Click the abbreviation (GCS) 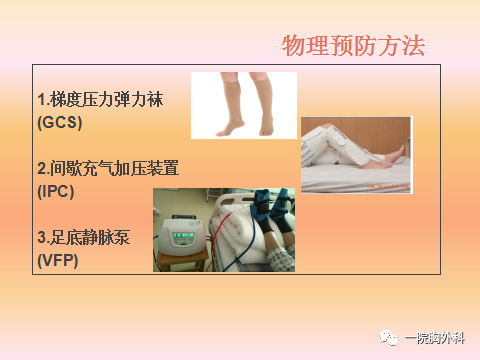(58, 123)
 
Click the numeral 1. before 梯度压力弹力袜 (41, 101)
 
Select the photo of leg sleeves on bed (355, 155)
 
